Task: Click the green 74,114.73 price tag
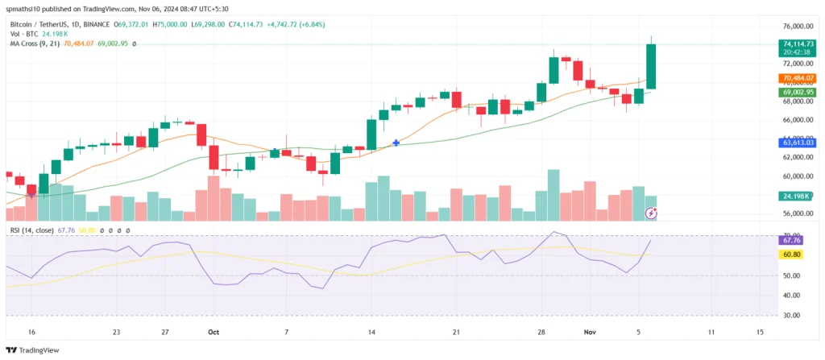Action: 798,43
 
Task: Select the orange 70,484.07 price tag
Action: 798,78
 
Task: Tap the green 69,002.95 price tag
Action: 798,93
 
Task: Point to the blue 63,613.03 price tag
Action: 798,143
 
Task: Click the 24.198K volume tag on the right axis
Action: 798,196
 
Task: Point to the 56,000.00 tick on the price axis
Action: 798,214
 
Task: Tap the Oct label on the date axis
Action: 214,332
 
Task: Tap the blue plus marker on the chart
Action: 396,143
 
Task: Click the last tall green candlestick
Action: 651,66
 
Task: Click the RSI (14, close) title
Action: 33,231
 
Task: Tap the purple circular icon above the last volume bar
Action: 652,213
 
